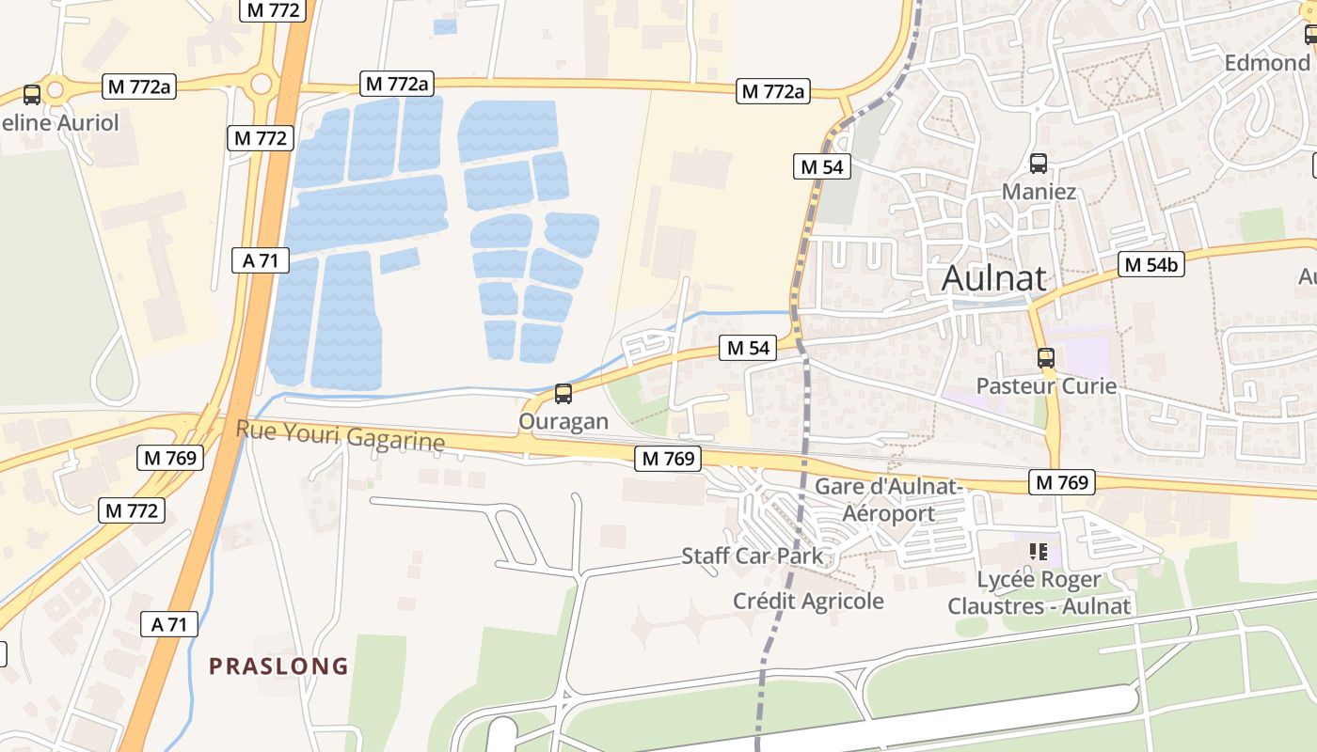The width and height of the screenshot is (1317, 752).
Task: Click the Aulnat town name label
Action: click(994, 278)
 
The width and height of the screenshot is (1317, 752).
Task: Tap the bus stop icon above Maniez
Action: click(1039, 163)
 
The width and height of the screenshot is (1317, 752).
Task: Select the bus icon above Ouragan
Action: click(563, 394)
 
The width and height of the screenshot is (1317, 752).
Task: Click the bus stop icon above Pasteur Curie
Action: click(1045, 358)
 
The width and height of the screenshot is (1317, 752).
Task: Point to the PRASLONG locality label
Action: click(278, 666)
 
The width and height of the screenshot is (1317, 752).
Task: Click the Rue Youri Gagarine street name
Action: click(340, 435)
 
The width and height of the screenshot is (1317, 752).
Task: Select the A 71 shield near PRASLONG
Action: click(170, 623)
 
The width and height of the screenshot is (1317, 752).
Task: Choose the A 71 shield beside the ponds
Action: click(261, 260)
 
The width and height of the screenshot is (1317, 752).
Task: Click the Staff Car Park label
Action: click(752, 556)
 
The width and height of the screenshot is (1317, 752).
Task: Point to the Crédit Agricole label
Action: click(808, 601)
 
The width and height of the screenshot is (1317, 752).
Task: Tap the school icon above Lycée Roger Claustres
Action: click(1039, 551)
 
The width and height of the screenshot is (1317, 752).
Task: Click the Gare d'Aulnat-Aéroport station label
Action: click(888, 500)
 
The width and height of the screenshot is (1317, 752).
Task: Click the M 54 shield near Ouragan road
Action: click(749, 348)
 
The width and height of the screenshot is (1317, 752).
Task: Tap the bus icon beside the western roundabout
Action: click(32, 94)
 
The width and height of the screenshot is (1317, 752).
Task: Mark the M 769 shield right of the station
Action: click(1062, 482)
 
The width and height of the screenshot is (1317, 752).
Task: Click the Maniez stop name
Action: click(1039, 192)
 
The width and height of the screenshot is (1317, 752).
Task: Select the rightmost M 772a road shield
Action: click(773, 91)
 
